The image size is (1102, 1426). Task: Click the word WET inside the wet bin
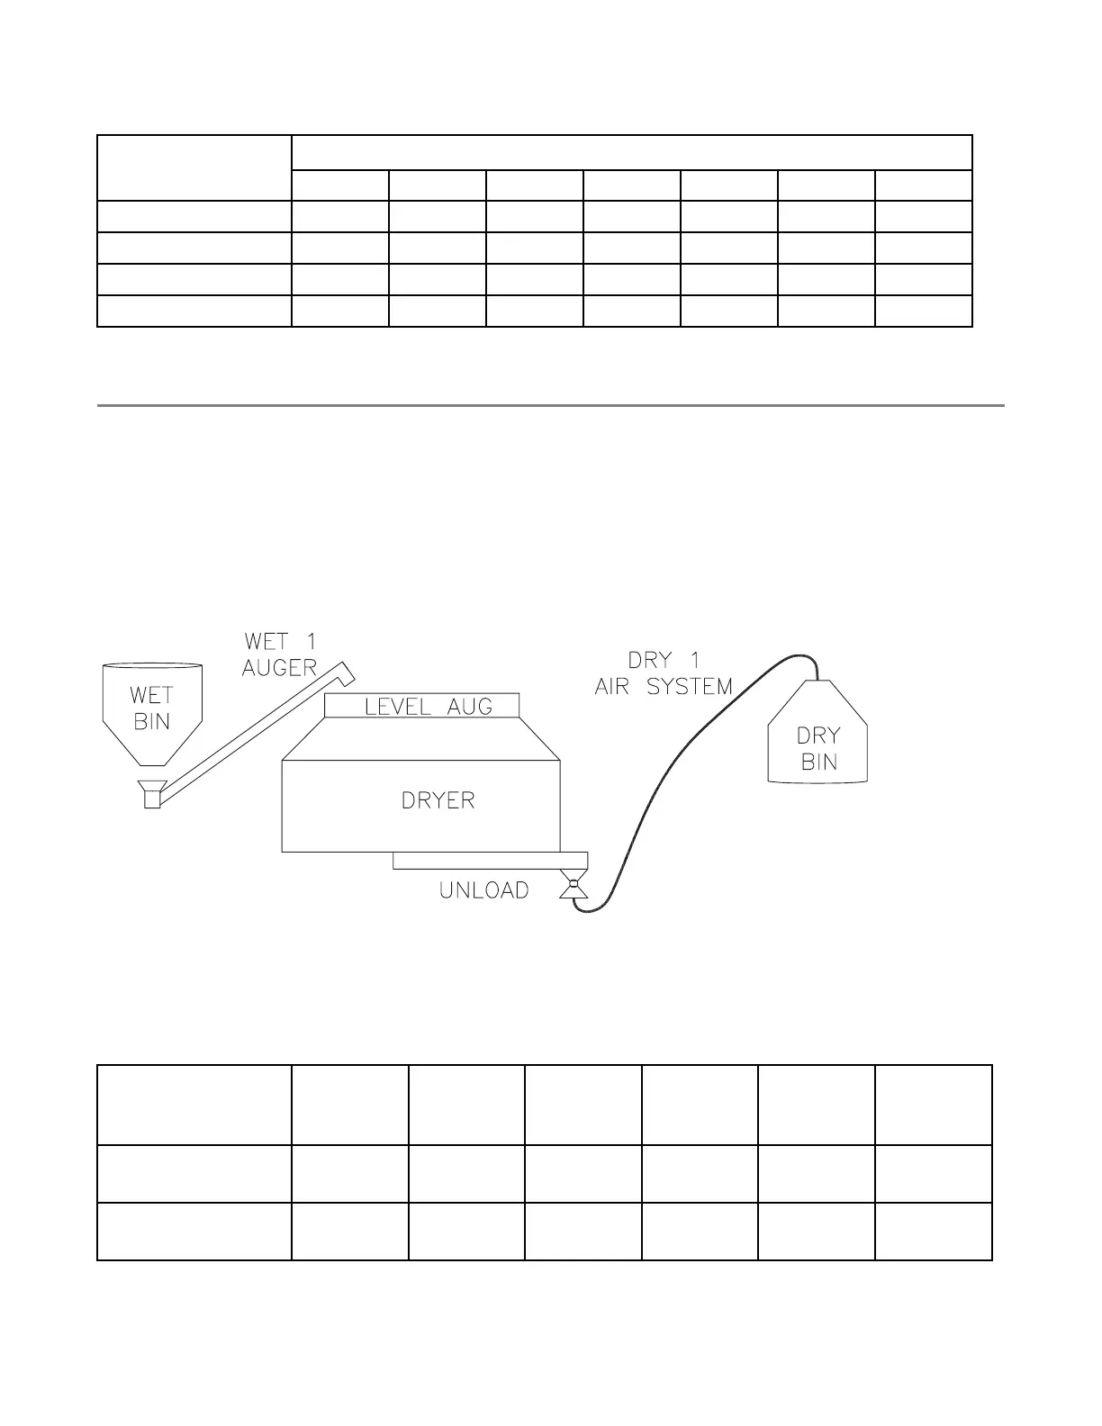[x=151, y=695]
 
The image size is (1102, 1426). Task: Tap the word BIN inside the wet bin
[x=151, y=722]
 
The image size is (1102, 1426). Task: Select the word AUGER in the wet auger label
[x=279, y=668]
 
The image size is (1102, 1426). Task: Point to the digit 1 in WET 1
[x=307, y=642]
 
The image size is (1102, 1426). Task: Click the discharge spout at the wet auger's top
[x=345, y=670]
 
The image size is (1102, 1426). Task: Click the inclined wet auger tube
[x=243, y=734]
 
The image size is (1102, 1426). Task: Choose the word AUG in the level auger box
[x=470, y=707]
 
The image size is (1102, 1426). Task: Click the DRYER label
[x=438, y=800]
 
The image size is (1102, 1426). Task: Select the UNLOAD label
[x=483, y=890]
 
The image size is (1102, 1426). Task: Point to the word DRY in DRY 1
[x=650, y=660]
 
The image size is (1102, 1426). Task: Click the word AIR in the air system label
[x=618, y=687]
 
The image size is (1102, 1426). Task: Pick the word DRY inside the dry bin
[x=818, y=736]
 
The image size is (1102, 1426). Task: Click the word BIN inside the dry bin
[x=818, y=762]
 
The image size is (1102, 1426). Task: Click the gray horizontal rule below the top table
[x=550, y=406]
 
